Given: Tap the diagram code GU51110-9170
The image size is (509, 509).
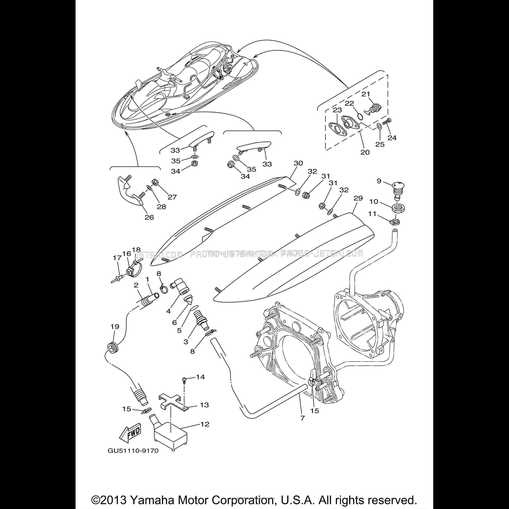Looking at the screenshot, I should point(133,451).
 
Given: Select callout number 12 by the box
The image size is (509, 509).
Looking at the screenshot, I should point(205,424).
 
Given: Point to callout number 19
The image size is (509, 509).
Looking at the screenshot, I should point(115,327).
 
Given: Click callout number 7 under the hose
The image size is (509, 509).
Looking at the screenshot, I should point(302,418).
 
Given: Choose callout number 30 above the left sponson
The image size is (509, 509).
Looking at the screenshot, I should point(298,163).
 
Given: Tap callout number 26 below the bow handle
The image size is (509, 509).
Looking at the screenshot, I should point(149,217).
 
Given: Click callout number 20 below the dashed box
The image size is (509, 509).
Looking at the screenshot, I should point(365,152).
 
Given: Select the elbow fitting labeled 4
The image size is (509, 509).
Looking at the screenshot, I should point(181,289).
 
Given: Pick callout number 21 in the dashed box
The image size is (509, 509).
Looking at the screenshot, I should point(365,94).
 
